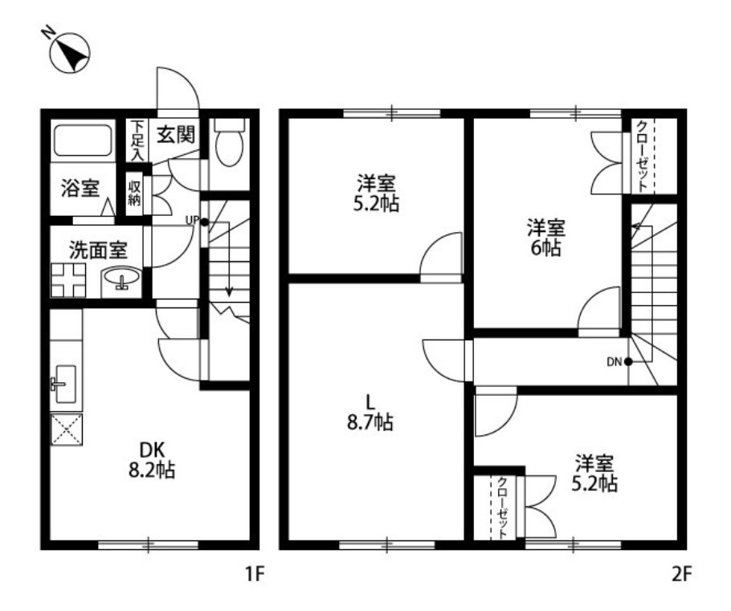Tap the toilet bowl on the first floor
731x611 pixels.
230,141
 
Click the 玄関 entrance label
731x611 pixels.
175,135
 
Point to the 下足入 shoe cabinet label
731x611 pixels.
137,141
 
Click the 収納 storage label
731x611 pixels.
135,193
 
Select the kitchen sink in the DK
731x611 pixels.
65,384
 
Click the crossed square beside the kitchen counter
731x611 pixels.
66,430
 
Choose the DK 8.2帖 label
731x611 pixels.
152,461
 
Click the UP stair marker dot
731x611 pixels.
204,222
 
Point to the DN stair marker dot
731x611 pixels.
628,361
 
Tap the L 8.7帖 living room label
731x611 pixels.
370,412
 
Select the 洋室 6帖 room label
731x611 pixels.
546,238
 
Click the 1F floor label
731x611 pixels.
255,574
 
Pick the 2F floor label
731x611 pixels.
681,574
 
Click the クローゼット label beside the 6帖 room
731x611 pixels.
643,156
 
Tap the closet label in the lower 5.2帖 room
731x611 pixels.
503,508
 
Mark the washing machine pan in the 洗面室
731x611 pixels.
68,280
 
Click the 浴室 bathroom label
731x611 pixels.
80,188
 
